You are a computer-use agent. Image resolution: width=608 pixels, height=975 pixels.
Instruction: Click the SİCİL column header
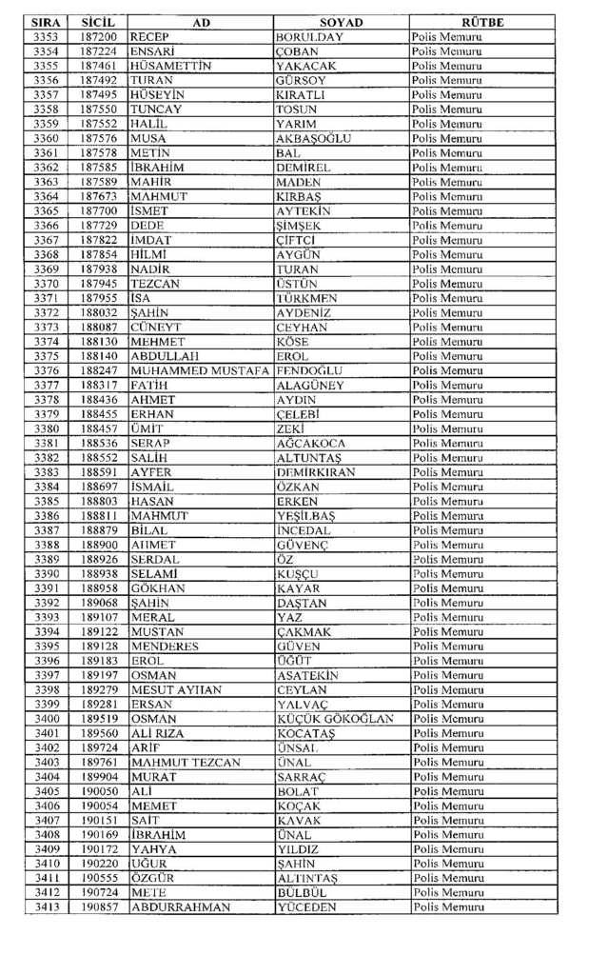point(98,22)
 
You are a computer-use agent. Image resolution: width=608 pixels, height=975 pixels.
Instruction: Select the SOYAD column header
point(341,22)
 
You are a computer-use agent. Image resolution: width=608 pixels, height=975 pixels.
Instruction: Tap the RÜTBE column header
point(482,22)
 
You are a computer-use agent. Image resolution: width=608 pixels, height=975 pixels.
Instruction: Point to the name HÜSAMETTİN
point(169,66)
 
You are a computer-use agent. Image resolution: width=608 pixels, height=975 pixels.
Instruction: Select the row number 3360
point(45,138)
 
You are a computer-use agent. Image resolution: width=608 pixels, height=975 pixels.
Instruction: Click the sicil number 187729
point(98,225)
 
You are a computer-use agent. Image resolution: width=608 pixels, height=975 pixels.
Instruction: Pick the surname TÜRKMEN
point(305,298)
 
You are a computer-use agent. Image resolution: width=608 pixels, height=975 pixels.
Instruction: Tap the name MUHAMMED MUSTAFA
point(200,370)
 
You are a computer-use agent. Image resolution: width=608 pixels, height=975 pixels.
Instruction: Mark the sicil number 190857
point(98,907)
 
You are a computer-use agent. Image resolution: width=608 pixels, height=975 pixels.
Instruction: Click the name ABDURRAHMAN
point(180,907)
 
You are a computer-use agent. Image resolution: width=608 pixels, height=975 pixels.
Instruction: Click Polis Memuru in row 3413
point(447,907)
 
